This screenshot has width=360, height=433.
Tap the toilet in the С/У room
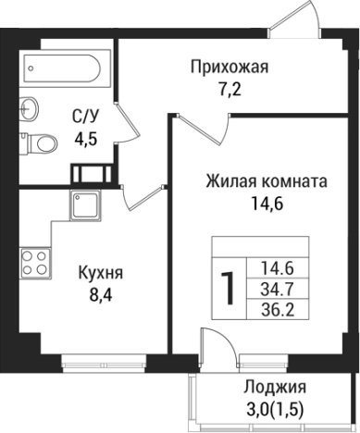pyautogui.click(x=39, y=142)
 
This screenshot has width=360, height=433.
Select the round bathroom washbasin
pyautogui.click(x=30, y=106)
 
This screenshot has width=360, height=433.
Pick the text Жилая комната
pyautogui.click(x=267, y=182)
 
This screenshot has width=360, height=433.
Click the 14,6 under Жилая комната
pyautogui.click(x=267, y=204)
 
